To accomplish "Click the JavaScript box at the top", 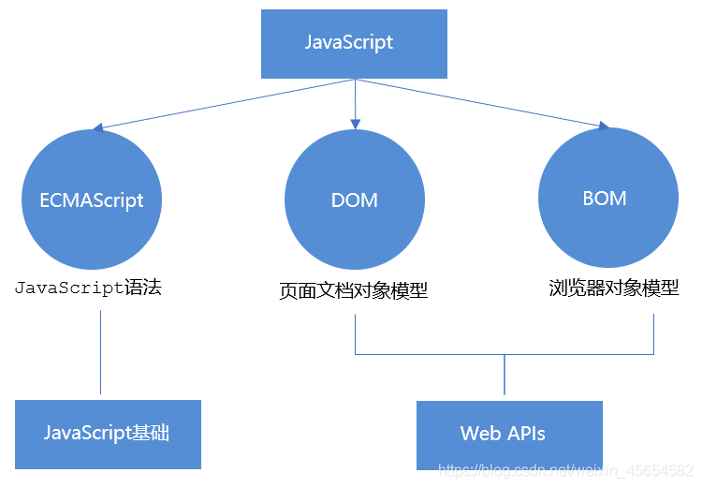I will [x=353, y=43].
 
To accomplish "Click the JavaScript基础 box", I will [x=108, y=434].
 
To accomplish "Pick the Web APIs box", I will [x=509, y=435].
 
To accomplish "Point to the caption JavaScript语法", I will [x=89, y=288].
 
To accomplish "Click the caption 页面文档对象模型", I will [x=354, y=290].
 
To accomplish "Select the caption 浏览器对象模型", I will [x=613, y=288].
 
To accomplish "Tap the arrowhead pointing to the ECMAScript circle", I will [x=100, y=127].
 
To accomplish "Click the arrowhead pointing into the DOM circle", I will [x=355, y=123].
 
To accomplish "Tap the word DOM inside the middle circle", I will [x=354, y=200].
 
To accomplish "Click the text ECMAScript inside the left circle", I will [x=92, y=200].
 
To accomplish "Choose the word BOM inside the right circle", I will [x=604, y=199].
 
